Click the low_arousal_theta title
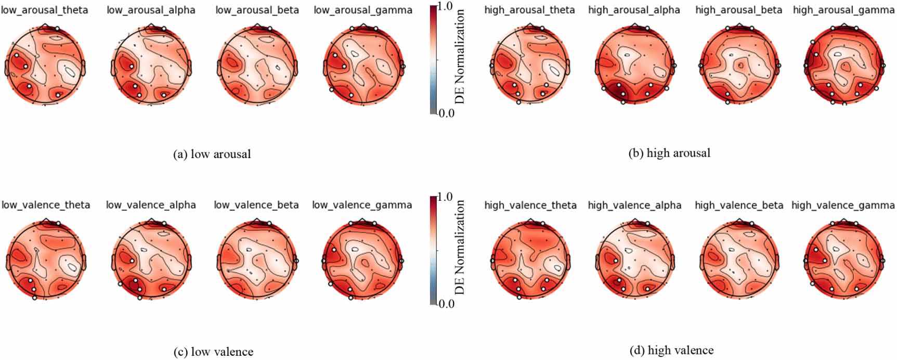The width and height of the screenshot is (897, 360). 45,10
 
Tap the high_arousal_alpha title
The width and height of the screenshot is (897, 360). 634,10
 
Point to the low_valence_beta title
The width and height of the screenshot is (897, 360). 256,205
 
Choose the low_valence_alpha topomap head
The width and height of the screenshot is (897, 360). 151,260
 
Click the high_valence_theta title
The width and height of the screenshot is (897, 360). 530,205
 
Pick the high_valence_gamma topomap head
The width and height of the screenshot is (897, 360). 843,260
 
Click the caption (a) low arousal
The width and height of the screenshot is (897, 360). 212,154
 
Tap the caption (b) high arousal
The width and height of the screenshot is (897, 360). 669,153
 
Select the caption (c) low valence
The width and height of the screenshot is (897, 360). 213,352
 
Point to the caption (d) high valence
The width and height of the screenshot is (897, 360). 671,351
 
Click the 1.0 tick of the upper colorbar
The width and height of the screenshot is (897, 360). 446,6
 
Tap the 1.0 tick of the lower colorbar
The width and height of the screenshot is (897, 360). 446,197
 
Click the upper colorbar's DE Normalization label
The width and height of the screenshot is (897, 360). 460,57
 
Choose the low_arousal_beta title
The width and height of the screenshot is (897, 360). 257,10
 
